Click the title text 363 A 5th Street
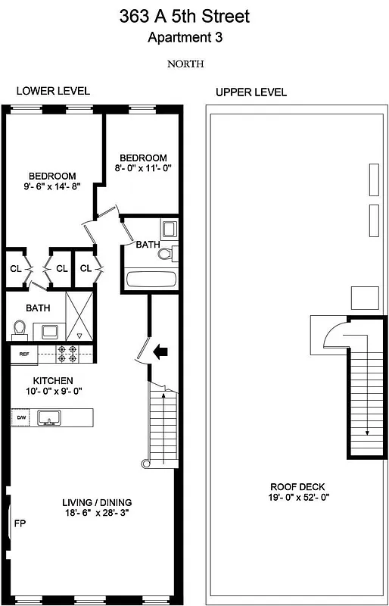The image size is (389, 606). coord(185,16)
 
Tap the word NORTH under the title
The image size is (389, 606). coord(185,64)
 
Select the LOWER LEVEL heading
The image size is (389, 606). coord(53,91)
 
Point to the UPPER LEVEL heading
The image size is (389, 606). coord(251,92)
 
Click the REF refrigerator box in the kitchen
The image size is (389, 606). coord(23,353)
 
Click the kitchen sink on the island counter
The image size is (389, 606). coord(51,417)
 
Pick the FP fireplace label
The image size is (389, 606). coord(20,523)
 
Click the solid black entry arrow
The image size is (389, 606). coord(160,351)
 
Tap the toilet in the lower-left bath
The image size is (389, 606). coord(20,329)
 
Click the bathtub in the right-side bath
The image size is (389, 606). coord(151,279)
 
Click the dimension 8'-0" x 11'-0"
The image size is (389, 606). coord(141,169)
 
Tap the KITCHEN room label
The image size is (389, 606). coord(52,380)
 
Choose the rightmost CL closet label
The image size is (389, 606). coord(86,268)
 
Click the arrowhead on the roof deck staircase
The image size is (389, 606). coord(366,433)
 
